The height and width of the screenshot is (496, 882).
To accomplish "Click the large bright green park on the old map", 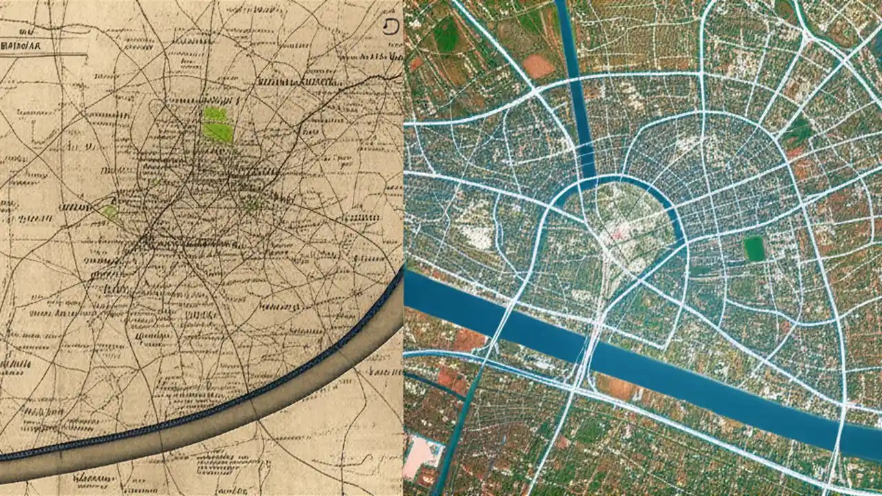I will coord(218,125).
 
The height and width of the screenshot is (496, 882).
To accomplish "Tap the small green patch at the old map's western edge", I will coord(110,212).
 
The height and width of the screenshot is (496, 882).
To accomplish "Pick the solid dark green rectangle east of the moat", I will coord(755,248).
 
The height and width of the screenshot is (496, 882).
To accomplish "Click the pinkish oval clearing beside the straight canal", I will coord(538,66).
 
